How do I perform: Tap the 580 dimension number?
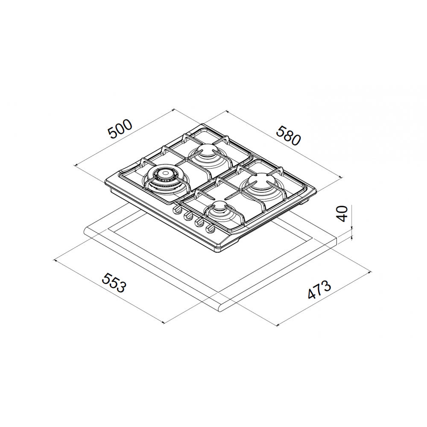click(x=289, y=136)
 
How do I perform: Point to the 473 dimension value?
click(x=319, y=290)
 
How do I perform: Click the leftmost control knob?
click(x=177, y=209)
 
